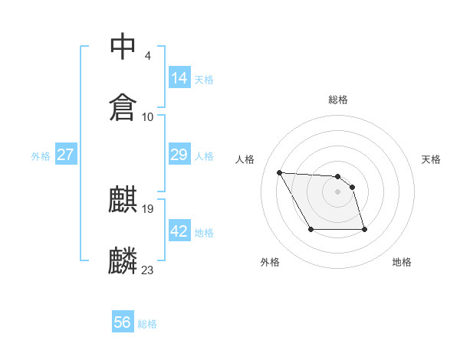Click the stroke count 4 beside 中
[147, 56]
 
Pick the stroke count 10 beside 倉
[148, 116]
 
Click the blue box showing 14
[179, 77]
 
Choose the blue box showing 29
[179, 155]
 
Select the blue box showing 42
[179, 231]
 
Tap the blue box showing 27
[65, 155]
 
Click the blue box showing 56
[123, 322]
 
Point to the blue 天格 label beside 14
[204, 79]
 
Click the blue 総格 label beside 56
[147, 324]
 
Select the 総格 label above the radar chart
[338, 100]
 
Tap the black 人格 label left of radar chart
[245, 159]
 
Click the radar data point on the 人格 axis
[279, 172]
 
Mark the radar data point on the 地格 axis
[364, 229]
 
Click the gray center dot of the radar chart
[338, 191]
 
